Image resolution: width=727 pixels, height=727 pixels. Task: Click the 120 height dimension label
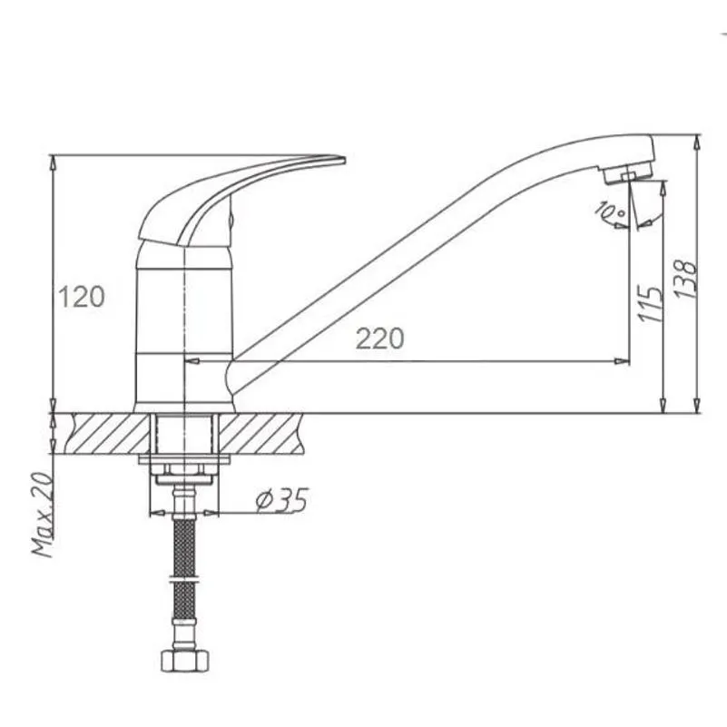(81, 297)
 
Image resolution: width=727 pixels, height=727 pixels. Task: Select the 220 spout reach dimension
(379, 339)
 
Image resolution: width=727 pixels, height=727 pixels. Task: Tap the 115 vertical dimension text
(650, 304)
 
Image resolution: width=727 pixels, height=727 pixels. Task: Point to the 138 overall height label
(685, 280)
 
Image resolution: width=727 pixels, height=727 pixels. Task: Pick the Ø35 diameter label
(281, 500)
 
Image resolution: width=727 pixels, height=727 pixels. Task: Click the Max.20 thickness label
(42, 515)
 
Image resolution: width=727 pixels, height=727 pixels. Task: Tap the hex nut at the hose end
(185, 660)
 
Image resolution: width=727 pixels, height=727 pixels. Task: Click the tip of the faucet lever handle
(344, 160)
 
